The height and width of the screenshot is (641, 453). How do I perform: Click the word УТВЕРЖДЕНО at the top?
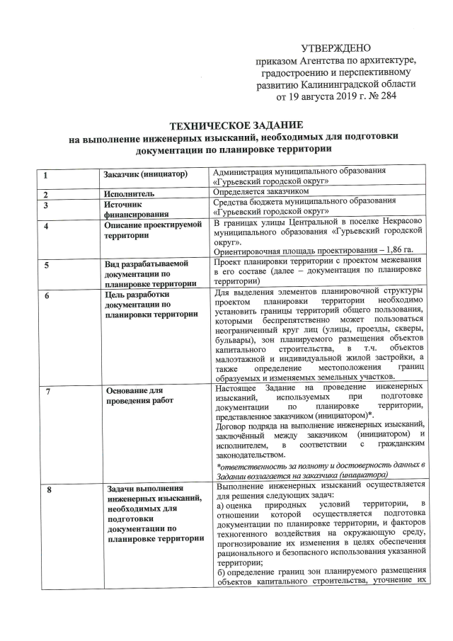(336, 48)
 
